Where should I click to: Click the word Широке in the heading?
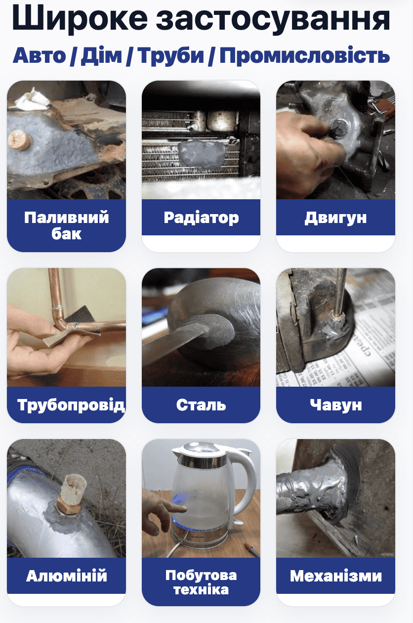coord(80,19)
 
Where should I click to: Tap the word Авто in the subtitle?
coord(39,55)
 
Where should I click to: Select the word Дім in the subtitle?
coord(101,55)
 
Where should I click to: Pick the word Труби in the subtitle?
coord(170,56)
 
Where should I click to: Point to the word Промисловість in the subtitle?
coord(304,55)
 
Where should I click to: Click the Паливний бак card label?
coord(66,225)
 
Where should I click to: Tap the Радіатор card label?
coord(201,218)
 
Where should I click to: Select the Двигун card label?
coord(335,218)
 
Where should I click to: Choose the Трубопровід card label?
coord(71,404)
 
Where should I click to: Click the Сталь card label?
coord(201,405)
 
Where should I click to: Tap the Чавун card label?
coord(336,405)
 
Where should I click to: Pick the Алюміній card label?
coord(66,576)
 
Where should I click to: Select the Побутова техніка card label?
coord(201,582)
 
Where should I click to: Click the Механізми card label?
coord(336,576)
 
